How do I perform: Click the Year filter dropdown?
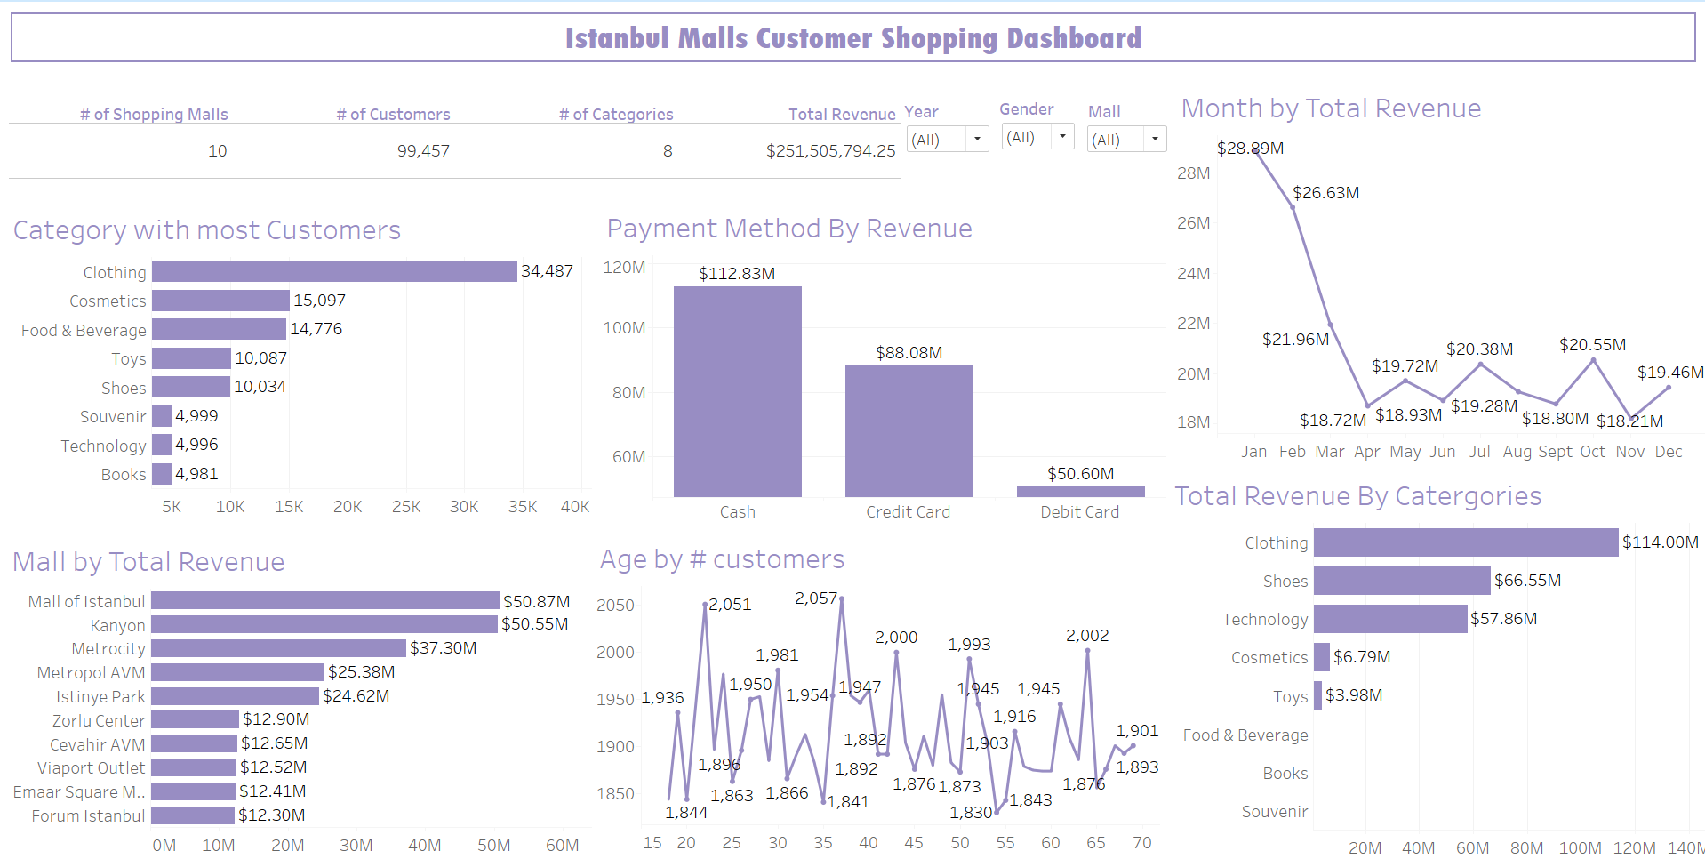947,140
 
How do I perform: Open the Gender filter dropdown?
1037,138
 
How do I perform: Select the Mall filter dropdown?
1125,140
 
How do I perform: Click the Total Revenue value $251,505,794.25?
830,151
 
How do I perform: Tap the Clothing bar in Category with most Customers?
334,271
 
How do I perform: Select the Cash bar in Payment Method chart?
737,391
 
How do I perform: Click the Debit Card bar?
1080,491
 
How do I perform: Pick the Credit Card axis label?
908,512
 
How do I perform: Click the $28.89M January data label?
1250,149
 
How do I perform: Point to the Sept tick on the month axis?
1555,452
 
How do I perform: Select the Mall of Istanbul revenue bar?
325,601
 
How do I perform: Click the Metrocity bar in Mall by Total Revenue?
278,648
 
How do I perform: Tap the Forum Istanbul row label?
88,815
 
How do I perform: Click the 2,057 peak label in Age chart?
815,598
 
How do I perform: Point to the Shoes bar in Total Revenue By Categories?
1401,581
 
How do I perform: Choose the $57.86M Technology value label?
1503,619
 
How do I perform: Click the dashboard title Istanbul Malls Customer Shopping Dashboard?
852,38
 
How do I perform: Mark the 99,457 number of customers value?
423,151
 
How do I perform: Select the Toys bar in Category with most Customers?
191,358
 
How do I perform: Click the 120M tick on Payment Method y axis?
624,268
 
